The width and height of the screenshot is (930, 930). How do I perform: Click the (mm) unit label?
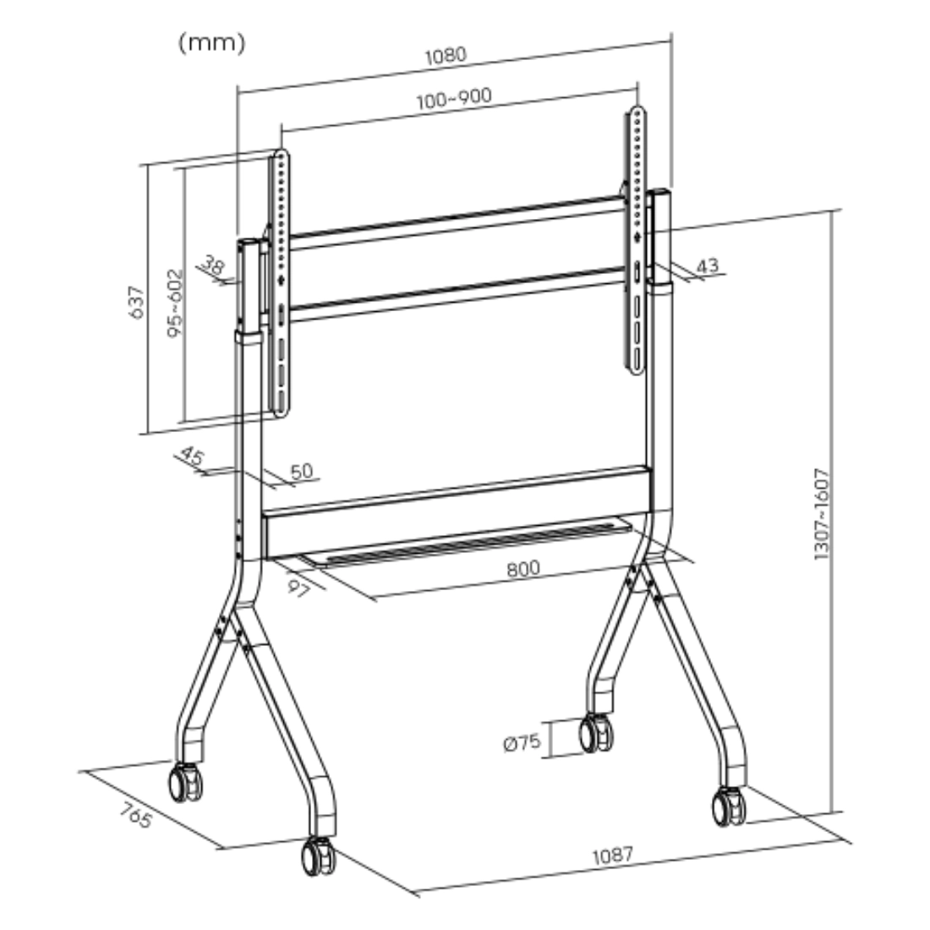[x=211, y=43]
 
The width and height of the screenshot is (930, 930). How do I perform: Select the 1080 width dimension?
[x=446, y=55]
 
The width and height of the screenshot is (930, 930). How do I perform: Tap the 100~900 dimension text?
[x=454, y=98]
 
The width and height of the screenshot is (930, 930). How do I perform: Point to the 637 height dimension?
[x=136, y=302]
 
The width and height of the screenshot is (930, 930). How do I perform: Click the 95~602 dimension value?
[x=175, y=304]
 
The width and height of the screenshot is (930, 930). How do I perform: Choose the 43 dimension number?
[x=707, y=265]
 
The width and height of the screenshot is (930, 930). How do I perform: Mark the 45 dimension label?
[x=192, y=456]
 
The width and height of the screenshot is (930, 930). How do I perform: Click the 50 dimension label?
[x=301, y=471]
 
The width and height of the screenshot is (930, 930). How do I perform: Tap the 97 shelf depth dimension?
[x=298, y=588]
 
